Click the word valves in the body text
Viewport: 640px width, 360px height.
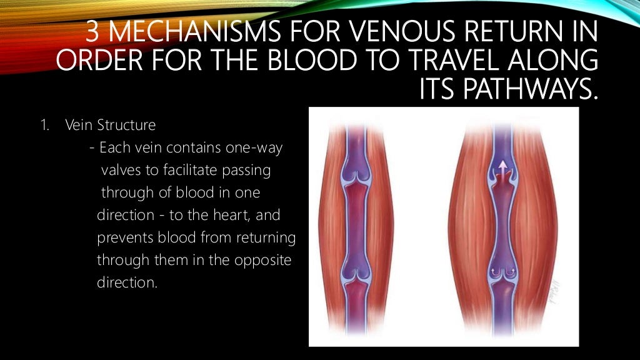pos(119,171)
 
